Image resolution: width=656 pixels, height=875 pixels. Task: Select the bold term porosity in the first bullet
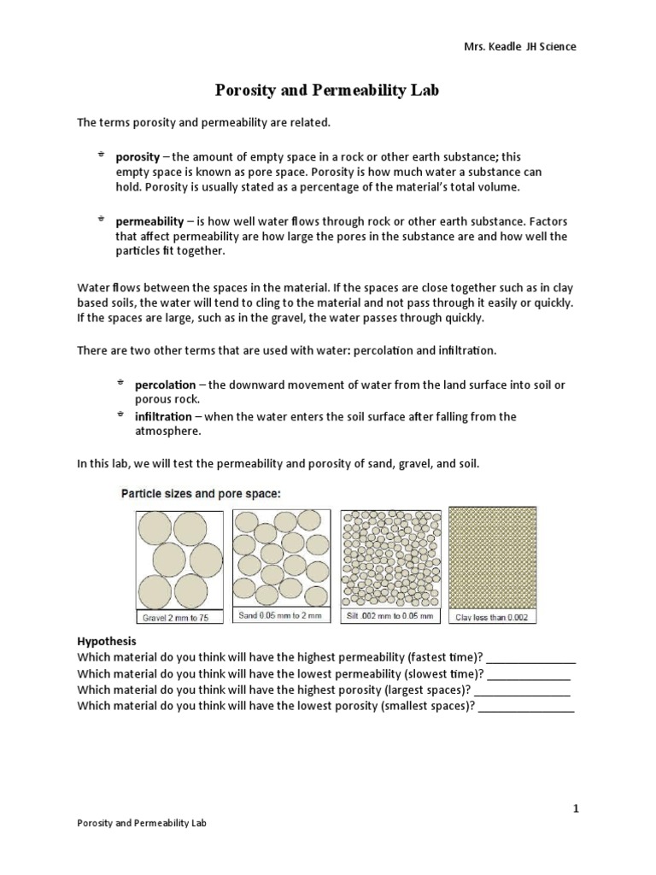[x=138, y=157]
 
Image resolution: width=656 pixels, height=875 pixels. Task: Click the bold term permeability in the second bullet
[x=149, y=221]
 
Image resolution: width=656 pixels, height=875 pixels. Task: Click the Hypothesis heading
[x=107, y=641]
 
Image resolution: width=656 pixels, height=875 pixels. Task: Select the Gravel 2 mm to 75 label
[x=179, y=616]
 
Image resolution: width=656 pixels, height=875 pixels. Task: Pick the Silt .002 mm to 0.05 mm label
[x=389, y=616]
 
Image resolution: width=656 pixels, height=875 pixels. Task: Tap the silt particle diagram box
[x=389, y=560]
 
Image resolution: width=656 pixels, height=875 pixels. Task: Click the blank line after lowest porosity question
[x=526, y=708]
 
